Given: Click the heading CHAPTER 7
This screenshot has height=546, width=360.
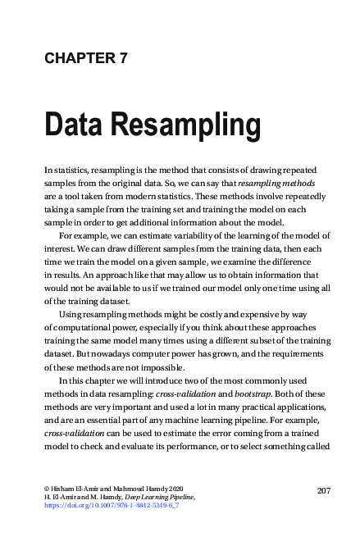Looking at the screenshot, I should click(86, 57).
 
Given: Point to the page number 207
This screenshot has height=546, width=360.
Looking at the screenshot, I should click(322, 490).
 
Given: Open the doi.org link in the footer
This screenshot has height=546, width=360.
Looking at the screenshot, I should click(112, 507).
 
